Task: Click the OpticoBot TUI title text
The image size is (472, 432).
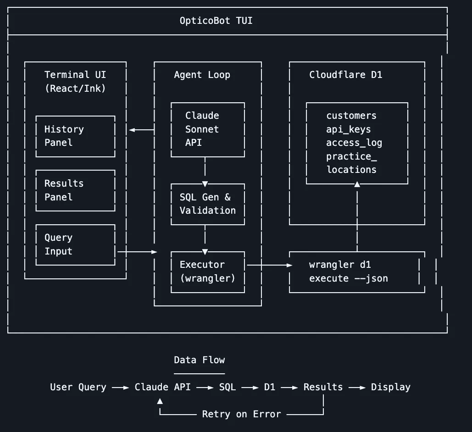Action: pos(216,21)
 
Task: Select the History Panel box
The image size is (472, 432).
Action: pos(75,136)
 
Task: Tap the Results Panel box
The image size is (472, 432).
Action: pos(75,190)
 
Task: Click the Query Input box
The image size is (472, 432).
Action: pos(75,244)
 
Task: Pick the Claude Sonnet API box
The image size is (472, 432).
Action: pos(207,129)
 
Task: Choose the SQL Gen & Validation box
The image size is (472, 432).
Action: pos(207,204)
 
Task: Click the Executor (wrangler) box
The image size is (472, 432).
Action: pos(207,271)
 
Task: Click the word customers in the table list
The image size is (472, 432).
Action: pos(351,116)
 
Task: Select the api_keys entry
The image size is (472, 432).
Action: pos(348,129)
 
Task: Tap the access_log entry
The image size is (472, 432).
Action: pos(354,143)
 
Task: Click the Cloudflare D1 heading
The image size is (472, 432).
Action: pos(345,75)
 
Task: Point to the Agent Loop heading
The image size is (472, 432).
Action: pos(202,75)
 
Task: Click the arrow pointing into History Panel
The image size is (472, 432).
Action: pos(141,130)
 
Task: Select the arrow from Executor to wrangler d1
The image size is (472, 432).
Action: pos(269,265)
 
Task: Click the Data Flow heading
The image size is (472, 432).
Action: pos(199,360)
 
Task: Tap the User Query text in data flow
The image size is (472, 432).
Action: pos(78,387)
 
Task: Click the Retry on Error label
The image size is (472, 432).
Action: pos(241,414)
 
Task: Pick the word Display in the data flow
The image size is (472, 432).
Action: pos(390,387)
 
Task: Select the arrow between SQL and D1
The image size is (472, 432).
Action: pos(250,388)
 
